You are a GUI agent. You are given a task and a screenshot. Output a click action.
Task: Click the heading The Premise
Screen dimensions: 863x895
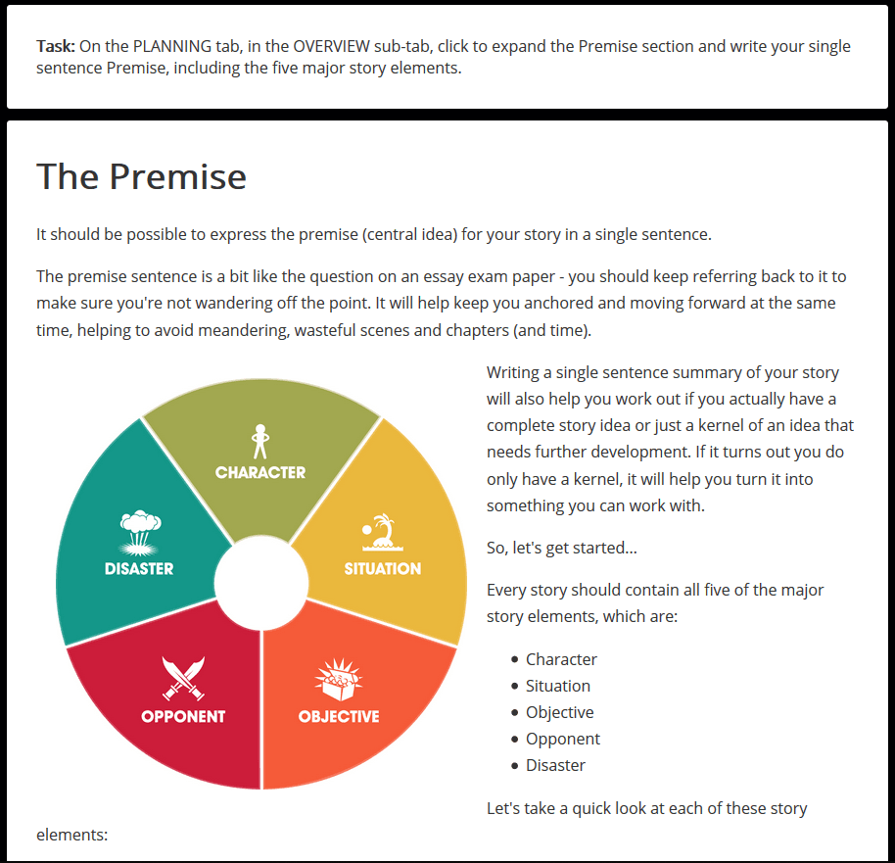(x=141, y=177)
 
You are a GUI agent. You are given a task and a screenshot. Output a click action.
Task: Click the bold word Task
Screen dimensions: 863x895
(x=55, y=47)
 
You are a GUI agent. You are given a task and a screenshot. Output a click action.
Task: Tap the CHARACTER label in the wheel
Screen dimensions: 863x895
(x=260, y=472)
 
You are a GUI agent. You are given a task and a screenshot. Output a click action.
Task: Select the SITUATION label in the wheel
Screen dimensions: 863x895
(x=382, y=568)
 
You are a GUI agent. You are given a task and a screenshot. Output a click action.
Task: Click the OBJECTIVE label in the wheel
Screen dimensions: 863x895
(x=339, y=716)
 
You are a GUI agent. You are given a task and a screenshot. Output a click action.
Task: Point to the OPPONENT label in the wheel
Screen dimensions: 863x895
(x=183, y=716)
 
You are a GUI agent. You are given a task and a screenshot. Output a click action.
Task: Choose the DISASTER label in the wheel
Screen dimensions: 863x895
(x=139, y=568)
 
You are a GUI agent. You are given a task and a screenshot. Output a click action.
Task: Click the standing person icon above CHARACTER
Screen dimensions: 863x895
(x=259, y=442)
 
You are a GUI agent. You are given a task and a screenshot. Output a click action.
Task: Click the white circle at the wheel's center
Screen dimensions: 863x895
(x=261, y=586)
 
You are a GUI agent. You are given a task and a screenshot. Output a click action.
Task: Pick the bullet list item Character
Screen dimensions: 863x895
(x=561, y=659)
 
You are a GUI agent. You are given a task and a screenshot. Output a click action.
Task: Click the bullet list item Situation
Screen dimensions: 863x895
(x=558, y=686)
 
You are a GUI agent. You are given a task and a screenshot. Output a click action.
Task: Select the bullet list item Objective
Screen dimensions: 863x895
(x=559, y=712)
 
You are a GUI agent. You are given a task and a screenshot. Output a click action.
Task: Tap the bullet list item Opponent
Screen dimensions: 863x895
(x=563, y=739)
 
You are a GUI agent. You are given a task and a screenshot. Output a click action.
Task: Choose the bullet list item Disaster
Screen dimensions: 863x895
(x=555, y=765)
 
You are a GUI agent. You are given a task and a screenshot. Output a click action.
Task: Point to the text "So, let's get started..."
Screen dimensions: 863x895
(x=562, y=548)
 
